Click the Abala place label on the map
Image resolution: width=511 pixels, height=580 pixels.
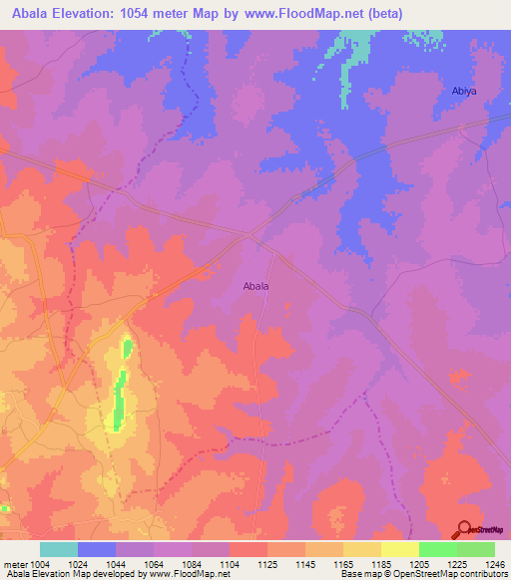pos(256,286)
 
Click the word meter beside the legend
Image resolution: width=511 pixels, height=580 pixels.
pos(14,565)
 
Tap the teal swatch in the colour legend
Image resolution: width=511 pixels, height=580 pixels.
pos(59,549)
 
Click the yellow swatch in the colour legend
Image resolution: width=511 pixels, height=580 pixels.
pos(399,549)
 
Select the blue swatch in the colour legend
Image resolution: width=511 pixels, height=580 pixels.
pos(97,549)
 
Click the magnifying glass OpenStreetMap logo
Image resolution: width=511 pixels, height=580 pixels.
pos(465,529)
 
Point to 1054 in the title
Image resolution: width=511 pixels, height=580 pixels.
pos(152,14)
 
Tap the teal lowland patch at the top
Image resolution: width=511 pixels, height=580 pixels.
pos(351,60)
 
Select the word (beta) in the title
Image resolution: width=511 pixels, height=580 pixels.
pos(384,14)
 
